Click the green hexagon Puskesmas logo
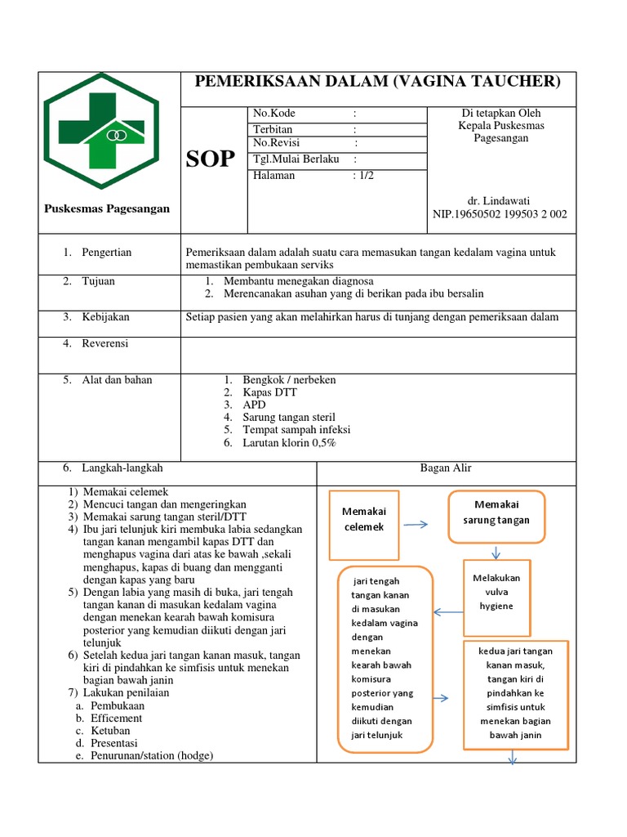coord(101,132)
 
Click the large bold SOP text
coord(210,159)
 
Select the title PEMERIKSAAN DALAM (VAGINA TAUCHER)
coord(377,81)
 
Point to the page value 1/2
coord(363,175)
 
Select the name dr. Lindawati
coord(500,200)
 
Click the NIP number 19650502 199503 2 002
coord(500,215)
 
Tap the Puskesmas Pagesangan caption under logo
coord(106,208)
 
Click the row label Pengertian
coord(106,253)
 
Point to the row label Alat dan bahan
coord(117,380)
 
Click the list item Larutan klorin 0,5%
coord(289,442)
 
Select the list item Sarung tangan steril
coord(289,417)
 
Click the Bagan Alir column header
coord(446,468)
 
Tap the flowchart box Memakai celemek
coord(363,519)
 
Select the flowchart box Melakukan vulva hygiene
coord(496,592)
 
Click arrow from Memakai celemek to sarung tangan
coord(416,525)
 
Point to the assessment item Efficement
coord(116,718)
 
